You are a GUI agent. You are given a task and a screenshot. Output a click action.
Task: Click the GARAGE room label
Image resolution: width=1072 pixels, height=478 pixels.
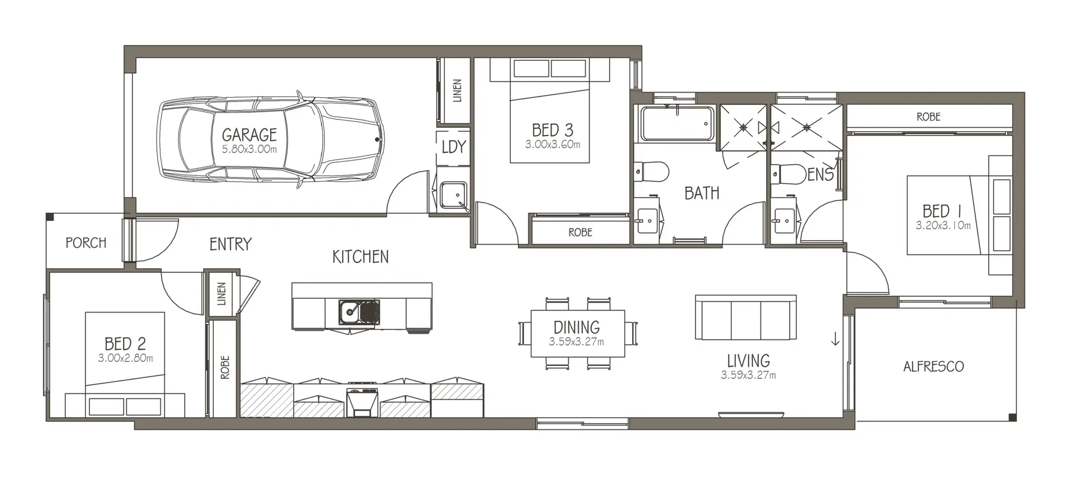(x=249, y=135)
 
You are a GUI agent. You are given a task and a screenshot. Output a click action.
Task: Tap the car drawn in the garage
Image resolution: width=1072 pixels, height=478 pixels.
(x=271, y=140)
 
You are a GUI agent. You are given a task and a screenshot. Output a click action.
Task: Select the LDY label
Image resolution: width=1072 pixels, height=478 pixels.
(x=453, y=147)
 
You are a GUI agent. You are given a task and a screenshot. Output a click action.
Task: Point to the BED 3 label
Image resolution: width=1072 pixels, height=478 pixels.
(x=552, y=130)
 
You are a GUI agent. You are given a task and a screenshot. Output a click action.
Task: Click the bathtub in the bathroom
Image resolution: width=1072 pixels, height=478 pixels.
(x=677, y=124)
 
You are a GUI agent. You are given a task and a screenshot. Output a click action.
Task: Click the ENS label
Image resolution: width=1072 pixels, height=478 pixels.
(x=820, y=175)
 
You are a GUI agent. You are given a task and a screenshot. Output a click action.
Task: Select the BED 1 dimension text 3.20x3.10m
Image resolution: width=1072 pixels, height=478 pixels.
(x=943, y=226)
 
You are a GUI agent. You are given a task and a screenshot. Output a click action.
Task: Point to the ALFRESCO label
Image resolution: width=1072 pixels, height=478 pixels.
(x=934, y=366)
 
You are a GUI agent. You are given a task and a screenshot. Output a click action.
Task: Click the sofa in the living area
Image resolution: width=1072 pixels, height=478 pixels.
(x=745, y=317)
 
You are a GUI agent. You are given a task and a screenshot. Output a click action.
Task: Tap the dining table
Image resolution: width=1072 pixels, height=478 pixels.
(x=577, y=333)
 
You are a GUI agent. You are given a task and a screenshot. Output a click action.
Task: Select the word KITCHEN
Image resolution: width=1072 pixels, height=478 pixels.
(x=360, y=257)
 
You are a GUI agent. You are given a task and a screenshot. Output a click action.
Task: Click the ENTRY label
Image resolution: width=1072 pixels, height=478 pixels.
(x=230, y=244)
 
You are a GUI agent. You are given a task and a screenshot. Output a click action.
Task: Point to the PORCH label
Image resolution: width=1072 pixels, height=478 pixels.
(x=86, y=243)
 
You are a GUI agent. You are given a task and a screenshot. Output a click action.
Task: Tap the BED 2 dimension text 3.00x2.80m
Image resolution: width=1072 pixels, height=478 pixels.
(x=126, y=358)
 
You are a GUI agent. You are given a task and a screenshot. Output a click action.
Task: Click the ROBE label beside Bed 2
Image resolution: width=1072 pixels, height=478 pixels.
(x=225, y=367)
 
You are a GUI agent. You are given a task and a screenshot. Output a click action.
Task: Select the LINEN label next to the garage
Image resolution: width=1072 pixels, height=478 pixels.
(x=457, y=91)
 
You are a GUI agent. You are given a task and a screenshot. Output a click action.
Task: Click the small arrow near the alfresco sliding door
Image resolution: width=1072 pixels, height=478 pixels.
(x=835, y=339)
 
